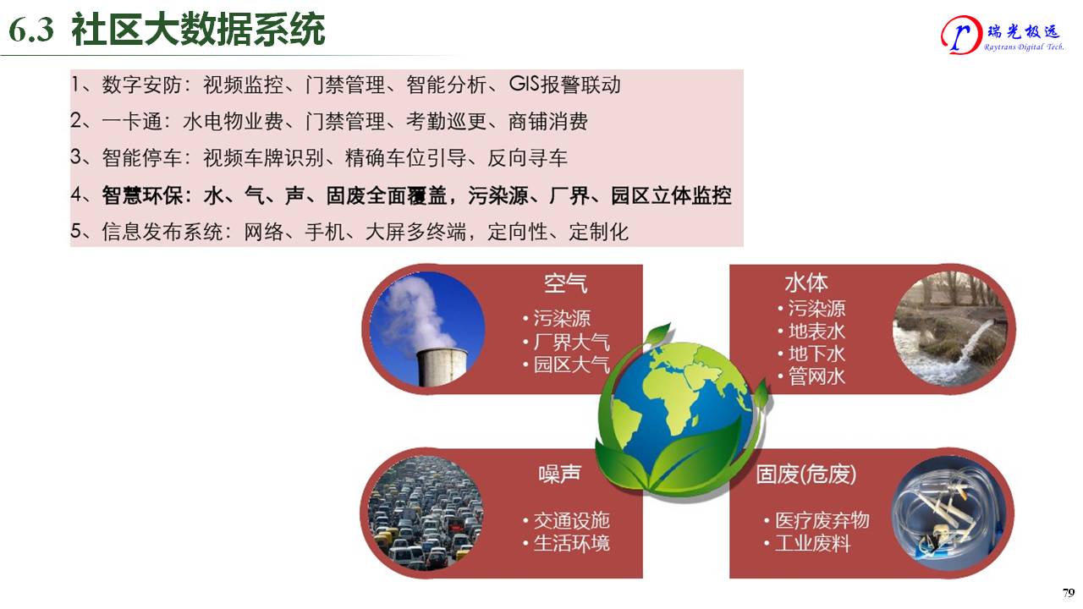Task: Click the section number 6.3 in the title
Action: point(31,30)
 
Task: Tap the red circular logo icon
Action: point(961,35)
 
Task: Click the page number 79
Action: point(1069,593)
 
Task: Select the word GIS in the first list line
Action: point(524,84)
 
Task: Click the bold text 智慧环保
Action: point(142,195)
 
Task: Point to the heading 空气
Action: point(565,283)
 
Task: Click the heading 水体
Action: point(806,283)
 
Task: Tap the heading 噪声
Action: point(560,474)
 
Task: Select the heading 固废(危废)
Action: point(806,475)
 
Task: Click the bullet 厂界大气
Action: point(571,342)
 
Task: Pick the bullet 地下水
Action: point(816,354)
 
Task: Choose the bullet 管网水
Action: point(816,376)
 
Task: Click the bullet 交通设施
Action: point(571,520)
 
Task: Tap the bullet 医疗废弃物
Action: point(822,520)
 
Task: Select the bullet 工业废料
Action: point(812,543)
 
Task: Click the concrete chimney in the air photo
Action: point(441,367)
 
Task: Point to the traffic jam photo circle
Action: point(426,513)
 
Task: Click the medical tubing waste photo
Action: point(950,513)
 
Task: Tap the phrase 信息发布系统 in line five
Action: point(162,232)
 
